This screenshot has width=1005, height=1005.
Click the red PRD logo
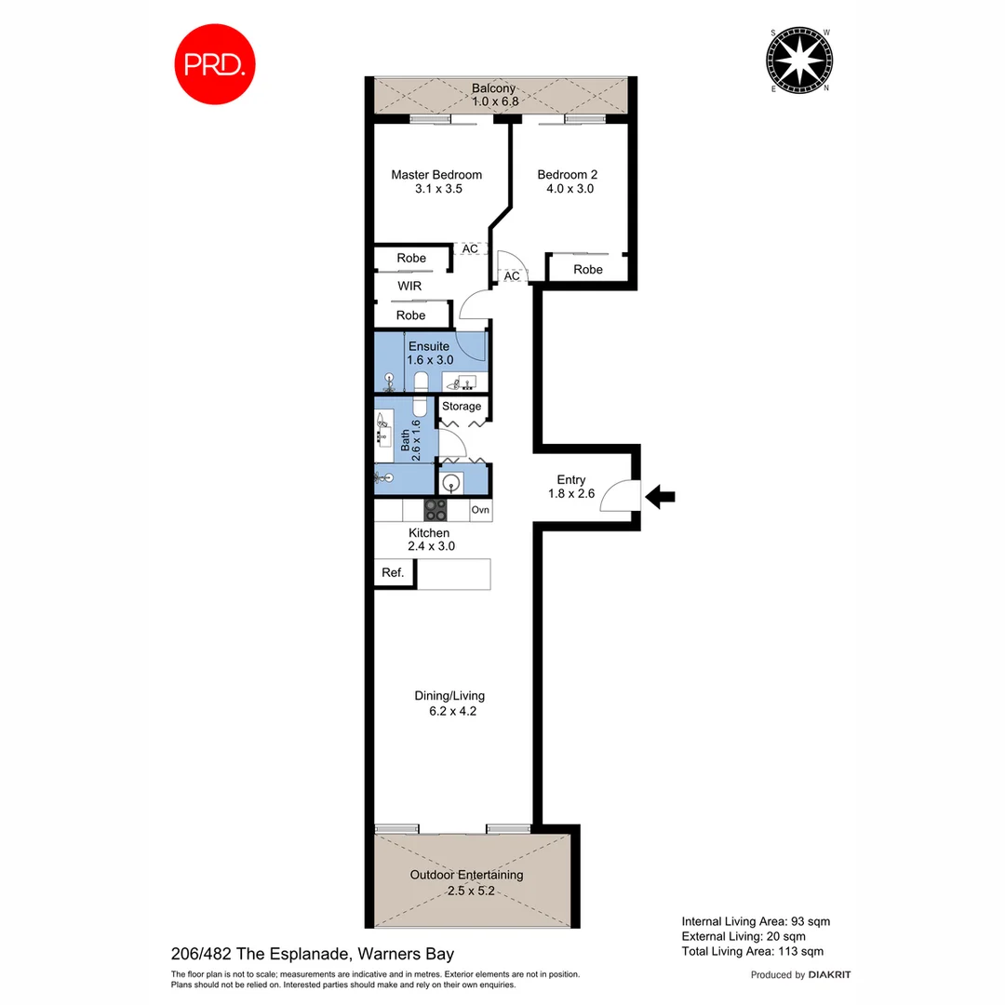(x=215, y=64)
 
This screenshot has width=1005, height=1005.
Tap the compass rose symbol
(x=801, y=62)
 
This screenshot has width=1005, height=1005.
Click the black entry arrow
(x=660, y=498)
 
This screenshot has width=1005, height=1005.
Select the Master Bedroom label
(x=436, y=175)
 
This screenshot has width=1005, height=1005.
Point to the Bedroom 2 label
(x=568, y=175)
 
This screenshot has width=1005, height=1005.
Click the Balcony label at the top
(x=493, y=88)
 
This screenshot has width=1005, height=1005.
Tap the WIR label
(x=410, y=287)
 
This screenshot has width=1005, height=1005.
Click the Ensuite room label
(x=430, y=346)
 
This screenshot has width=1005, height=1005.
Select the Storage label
(x=462, y=407)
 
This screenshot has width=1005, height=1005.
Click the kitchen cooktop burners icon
(x=435, y=510)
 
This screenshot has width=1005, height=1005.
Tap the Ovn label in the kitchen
(x=480, y=510)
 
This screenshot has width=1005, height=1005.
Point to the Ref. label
(x=393, y=573)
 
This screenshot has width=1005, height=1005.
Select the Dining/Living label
(x=449, y=695)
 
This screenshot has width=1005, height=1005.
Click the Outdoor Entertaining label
(x=466, y=875)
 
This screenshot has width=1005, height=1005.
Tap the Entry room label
(x=570, y=480)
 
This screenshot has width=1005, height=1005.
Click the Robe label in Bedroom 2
(x=587, y=270)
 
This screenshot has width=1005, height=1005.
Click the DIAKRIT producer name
(x=829, y=975)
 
